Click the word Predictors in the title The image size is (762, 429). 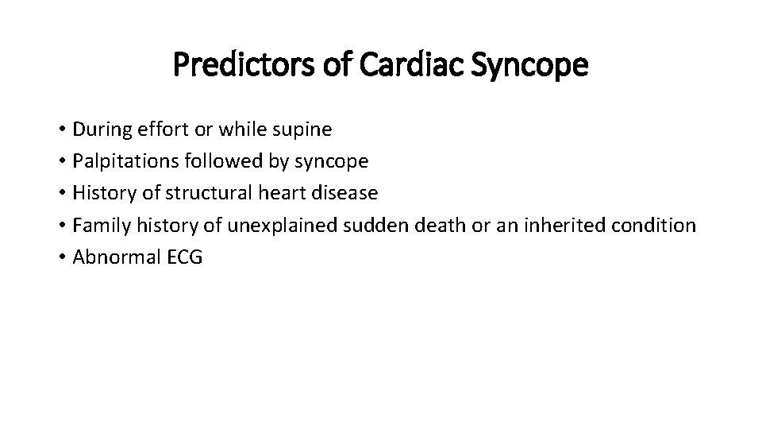coord(243,66)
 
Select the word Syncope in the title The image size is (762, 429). coord(529,66)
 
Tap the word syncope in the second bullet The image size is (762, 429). coord(331,161)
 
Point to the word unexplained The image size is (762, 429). coord(283,225)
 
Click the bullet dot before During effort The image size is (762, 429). coord(61,129)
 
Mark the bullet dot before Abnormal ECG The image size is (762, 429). coord(61,257)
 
